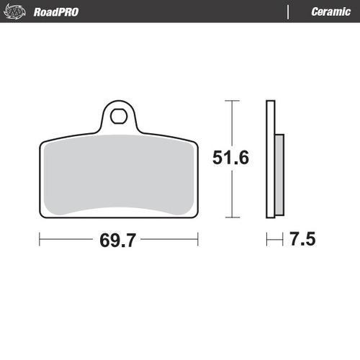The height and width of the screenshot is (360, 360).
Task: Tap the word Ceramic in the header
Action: [330, 12]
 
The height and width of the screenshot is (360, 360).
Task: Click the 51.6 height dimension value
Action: [231, 157]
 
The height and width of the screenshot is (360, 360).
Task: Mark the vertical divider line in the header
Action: [289, 12]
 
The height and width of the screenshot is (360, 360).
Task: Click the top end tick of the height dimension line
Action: [230, 102]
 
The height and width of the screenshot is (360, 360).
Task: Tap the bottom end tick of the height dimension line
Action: [230, 217]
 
